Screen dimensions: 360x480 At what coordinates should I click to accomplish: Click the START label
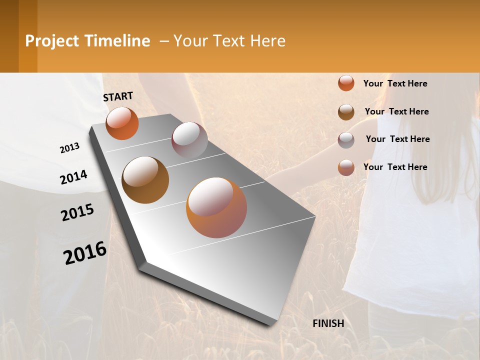click(x=118, y=96)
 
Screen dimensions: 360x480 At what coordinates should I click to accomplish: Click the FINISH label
click(x=328, y=323)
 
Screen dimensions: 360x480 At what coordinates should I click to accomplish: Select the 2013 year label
click(x=70, y=147)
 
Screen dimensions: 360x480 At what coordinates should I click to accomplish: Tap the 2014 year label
click(x=73, y=177)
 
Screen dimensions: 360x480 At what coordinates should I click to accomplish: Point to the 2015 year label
click(x=77, y=212)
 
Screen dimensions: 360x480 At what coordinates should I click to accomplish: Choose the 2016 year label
click(x=85, y=253)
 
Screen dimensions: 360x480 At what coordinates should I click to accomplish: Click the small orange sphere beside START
click(x=122, y=123)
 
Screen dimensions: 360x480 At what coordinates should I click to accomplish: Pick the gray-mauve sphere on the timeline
click(x=189, y=140)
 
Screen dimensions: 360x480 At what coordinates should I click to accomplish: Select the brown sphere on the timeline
click(x=145, y=179)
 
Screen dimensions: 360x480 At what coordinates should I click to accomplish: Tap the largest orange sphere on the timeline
click(x=216, y=207)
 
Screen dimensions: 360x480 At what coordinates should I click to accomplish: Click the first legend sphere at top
click(x=346, y=83)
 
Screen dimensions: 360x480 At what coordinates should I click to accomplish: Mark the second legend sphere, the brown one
click(x=346, y=112)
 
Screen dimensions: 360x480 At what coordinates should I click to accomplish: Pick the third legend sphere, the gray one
click(x=346, y=140)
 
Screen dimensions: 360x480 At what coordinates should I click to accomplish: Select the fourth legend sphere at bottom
click(x=346, y=167)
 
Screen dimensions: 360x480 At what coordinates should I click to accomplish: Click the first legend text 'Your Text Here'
click(x=395, y=83)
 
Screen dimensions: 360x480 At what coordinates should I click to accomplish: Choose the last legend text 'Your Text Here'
click(x=395, y=167)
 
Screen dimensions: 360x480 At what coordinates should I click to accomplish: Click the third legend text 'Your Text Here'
click(x=397, y=139)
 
